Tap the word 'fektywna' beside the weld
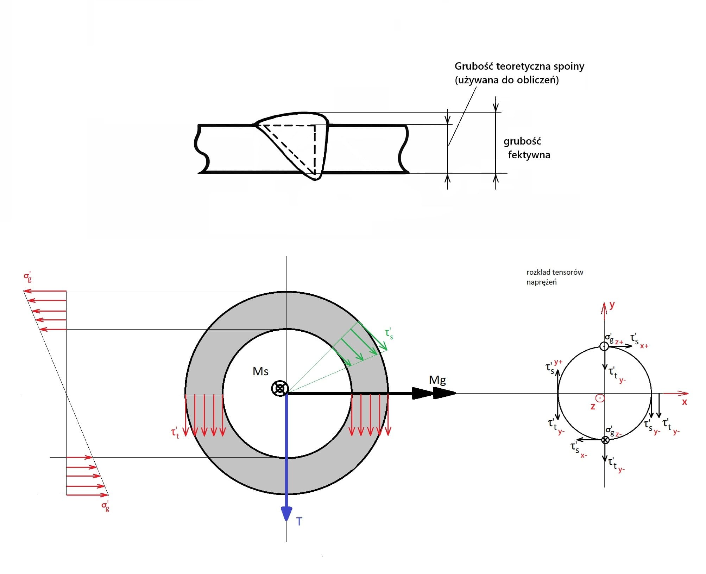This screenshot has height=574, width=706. point(529,155)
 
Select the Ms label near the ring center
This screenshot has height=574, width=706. point(260,371)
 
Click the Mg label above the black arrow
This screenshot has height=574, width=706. point(437,380)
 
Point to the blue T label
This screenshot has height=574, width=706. point(299,521)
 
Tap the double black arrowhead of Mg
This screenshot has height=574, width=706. point(434,393)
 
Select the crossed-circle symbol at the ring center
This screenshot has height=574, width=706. point(280,389)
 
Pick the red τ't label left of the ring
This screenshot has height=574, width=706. point(175,433)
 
